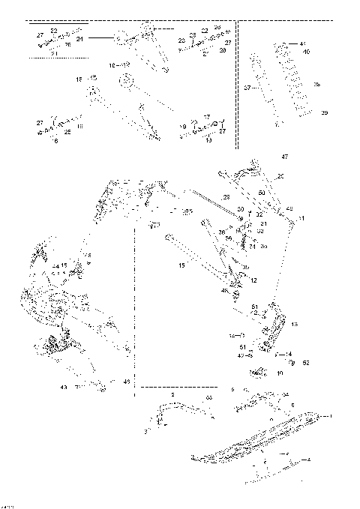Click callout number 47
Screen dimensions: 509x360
[284, 157]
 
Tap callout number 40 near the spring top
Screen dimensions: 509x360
[306, 52]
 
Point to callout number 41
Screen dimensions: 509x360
[303, 44]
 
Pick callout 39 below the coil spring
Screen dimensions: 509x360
[324, 112]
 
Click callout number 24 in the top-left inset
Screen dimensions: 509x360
[79, 37]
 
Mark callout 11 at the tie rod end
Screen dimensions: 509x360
[301, 217]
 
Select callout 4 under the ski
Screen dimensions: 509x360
[309, 459]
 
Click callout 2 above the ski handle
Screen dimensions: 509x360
[172, 394]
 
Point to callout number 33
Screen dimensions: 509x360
[209, 397]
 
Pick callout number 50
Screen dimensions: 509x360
[262, 193]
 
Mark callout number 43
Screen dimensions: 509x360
[63, 387]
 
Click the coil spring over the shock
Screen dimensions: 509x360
[293, 79]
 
